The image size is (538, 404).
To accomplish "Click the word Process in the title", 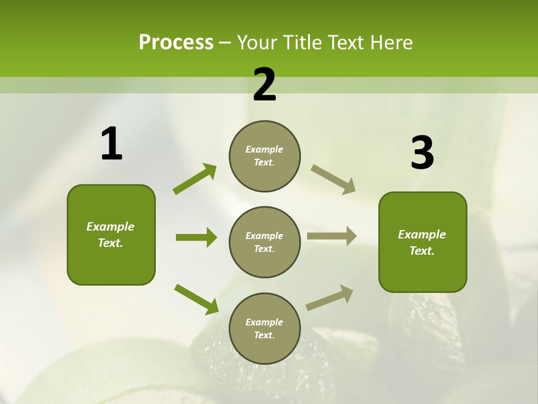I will click(x=176, y=43).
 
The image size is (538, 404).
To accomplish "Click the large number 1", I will click(x=112, y=144).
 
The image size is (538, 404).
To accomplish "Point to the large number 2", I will click(x=265, y=85).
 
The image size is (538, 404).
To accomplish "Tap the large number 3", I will click(x=422, y=153).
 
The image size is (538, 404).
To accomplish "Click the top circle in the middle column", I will click(x=265, y=156).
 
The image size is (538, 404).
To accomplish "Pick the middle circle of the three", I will click(x=265, y=242).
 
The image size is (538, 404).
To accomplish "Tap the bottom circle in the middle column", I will click(x=265, y=328).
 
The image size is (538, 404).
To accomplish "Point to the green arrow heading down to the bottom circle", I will click(x=196, y=299).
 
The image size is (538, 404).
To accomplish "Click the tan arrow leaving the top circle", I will click(x=333, y=179).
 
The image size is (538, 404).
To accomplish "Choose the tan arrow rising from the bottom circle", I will click(x=330, y=297).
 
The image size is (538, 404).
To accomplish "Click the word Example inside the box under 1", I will click(x=110, y=227).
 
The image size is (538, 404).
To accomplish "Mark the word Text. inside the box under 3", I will click(x=422, y=251).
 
